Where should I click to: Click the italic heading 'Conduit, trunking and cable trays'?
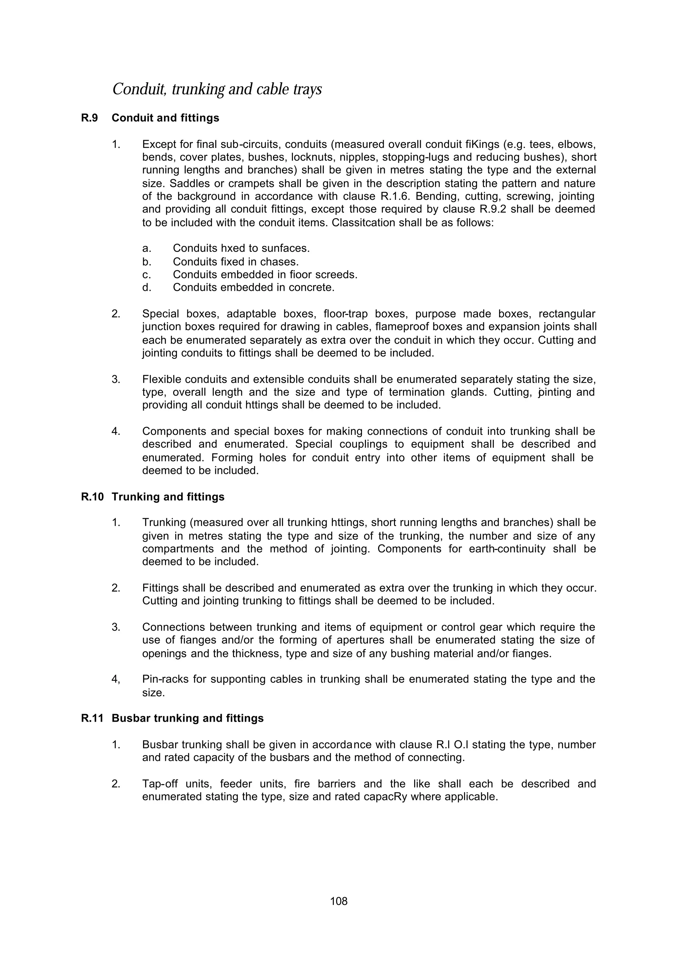click(x=217, y=89)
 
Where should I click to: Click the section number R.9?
click(x=89, y=118)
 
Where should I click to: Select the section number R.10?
click(x=92, y=497)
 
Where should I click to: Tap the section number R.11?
click(x=92, y=718)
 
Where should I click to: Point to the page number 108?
click(x=338, y=901)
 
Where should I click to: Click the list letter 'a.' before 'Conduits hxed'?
click(x=146, y=249)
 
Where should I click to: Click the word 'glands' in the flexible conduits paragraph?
click(x=469, y=392)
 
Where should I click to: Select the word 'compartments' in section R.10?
click(x=178, y=549)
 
